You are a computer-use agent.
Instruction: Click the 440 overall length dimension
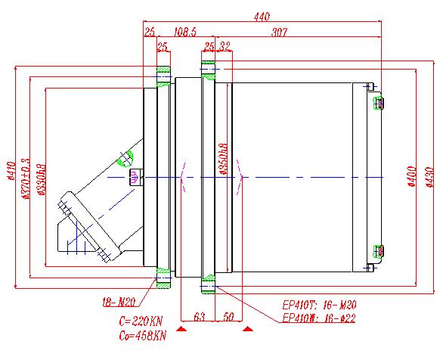[261, 16]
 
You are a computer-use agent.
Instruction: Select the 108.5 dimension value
[185, 33]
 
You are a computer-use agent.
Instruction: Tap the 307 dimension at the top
[281, 33]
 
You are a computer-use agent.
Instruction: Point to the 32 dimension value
[225, 47]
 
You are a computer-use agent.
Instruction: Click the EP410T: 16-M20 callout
[320, 305]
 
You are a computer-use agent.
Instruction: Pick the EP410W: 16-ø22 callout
[318, 318]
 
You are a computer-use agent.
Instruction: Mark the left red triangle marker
[181, 330]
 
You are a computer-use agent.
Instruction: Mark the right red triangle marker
[248, 330]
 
